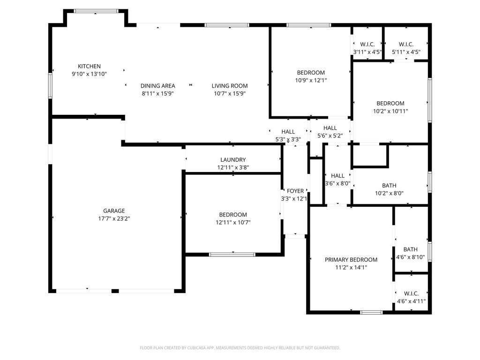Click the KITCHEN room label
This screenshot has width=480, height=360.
pos(89,66)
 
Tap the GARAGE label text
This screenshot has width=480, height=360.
pos(114,211)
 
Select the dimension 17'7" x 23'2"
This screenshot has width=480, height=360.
pos(114,218)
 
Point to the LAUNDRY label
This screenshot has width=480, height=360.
pos(233,160)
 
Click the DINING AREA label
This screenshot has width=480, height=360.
pos(157,86)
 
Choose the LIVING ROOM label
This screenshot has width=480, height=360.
pos(230,86)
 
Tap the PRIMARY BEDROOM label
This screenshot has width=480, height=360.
pos(351,260)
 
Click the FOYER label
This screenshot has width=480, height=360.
pos(295,191)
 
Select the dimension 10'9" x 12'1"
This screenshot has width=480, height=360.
pos(311,81)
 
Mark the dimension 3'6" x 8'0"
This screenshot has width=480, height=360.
pos(337,184)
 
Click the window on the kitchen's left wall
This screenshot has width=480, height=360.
pos(50,85)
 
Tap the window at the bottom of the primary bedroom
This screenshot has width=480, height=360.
pos(371,312)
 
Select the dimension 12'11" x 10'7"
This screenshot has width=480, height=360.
pos(233,223)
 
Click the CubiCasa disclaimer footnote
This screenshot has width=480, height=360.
pos(240,348)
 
